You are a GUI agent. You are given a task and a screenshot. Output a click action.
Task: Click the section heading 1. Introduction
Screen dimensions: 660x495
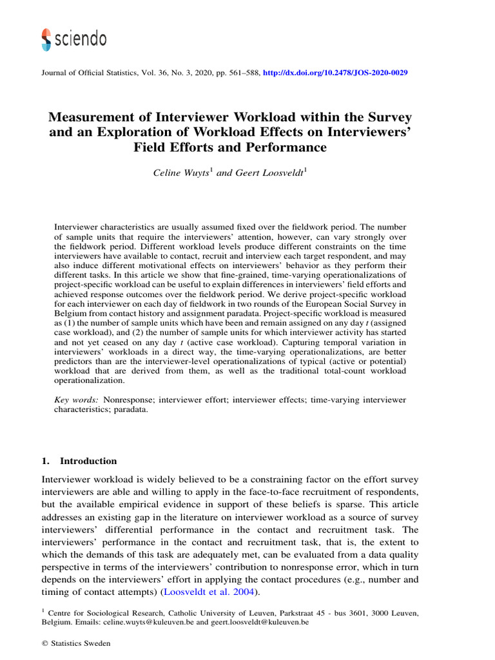click(x=79, y=461)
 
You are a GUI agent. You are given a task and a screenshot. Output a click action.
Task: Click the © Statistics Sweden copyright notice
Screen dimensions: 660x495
click(x=75, y=643)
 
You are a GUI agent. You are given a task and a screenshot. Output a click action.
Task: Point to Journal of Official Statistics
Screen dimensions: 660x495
click(x=89, y=73)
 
